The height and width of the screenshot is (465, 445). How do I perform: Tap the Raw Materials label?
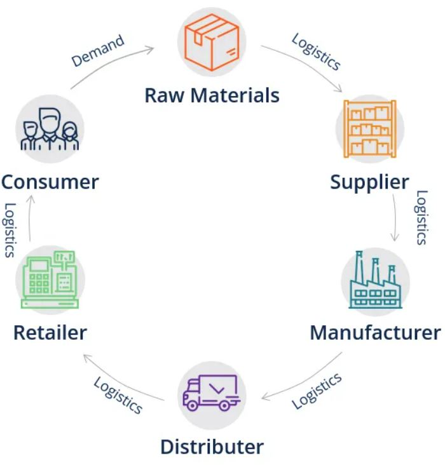pyautogui.click(x=212, y=95)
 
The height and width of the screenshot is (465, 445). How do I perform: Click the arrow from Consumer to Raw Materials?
pyautogui.click(x=108, y=60)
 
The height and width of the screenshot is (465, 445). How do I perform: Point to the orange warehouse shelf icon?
pyautogui.click(x=369, y=128)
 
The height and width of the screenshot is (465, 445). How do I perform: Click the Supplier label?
pyautogui.click(x=369, y=182)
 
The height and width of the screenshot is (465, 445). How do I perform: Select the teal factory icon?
pyautogui.click(x=376, y=280)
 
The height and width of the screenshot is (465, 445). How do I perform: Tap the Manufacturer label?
pyautogui.click(x=374, y=332)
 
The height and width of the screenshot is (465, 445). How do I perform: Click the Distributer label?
pyautogui.click(x=212, y=446)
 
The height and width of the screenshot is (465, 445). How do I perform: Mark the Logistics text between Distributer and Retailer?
pyautogui.click(x=118, y=395)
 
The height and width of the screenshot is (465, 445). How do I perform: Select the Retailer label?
pyautogui.click(x=50, y=332)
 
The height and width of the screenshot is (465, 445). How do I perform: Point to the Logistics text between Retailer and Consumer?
pyautogui.click(x=10, y=229)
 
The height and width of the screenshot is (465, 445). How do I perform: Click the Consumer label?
pyautogui.click(x=50, y=182)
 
